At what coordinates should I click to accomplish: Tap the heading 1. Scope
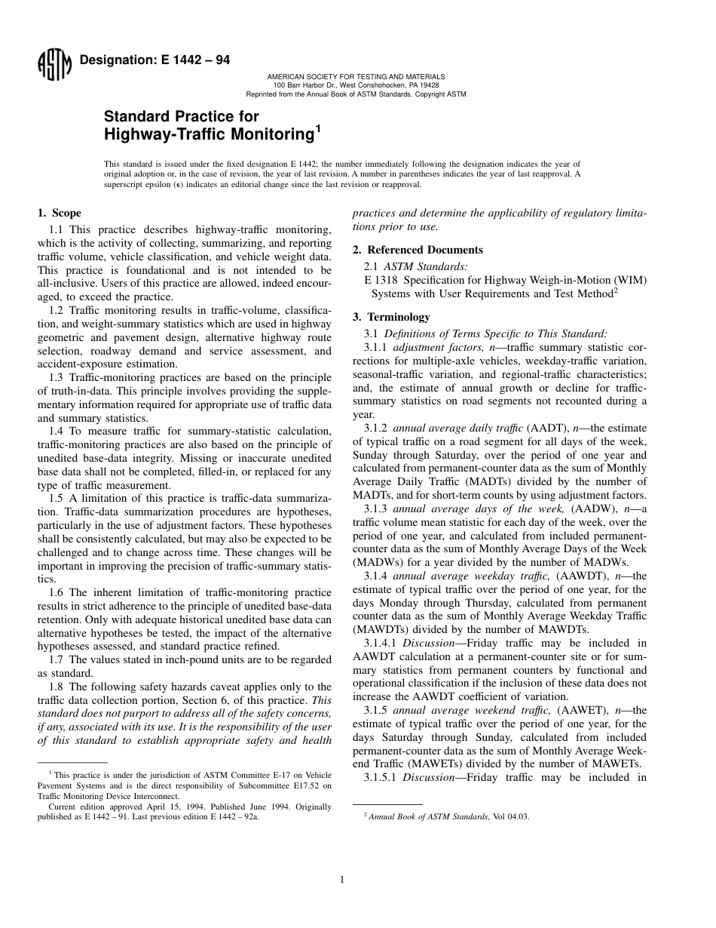pos(60,214)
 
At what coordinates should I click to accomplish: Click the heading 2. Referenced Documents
pos(418,250)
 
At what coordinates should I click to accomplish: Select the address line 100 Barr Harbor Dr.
pos(356,85)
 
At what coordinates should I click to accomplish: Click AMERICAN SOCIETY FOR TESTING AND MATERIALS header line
pos(356,76)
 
